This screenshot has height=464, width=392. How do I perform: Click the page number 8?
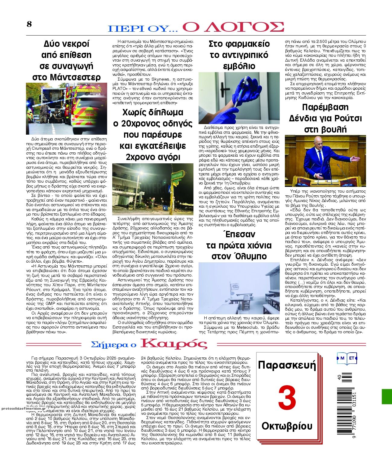(29, 24)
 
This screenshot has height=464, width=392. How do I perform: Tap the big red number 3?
(287, 398)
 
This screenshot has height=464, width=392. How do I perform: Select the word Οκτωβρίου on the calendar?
(287, 426)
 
